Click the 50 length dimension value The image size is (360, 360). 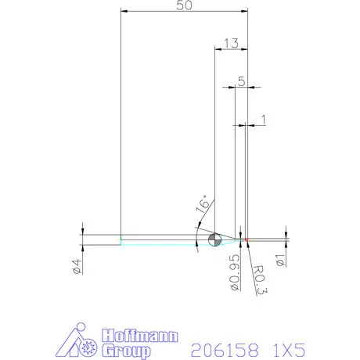tap(185, 5)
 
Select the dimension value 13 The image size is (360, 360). tap(230, 43)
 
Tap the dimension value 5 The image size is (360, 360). tap(241, 80)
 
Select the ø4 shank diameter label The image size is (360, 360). tap(77, 265)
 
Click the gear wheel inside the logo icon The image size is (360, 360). tap(87, 347)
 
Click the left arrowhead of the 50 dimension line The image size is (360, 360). tap(124, 11)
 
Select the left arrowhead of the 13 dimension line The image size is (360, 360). tap(218, 49)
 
